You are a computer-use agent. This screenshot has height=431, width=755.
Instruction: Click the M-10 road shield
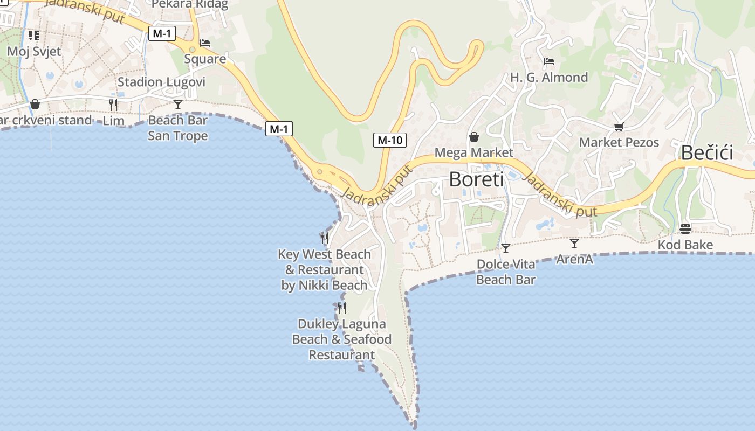(389, 140)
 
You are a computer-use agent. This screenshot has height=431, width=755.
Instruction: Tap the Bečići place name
(706, 153)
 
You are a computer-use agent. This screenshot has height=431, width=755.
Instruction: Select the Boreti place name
(476, 179)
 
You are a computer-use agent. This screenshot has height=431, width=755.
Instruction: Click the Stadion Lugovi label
(161, 82)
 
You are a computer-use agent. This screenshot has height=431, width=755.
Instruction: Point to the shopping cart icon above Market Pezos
(619, 127)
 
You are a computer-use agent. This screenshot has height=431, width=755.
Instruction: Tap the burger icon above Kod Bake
(685, 229)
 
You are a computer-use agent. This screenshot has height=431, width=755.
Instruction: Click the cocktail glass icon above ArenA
(574, 244)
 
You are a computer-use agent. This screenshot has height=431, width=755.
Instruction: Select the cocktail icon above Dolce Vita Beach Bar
(505, 248)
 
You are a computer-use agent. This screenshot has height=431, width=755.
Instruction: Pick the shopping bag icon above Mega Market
(474, 137)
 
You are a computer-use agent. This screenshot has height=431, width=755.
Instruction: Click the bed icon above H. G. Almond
(549, 61)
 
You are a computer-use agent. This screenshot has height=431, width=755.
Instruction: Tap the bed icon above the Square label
(205, 43)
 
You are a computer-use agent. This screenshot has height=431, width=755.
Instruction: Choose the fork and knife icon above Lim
(113, 105)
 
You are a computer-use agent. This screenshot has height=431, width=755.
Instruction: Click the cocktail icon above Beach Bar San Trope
(178, 105)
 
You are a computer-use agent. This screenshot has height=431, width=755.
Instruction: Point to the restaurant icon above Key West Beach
(325, 238)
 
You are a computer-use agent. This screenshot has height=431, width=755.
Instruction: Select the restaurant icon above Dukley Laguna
(341, 308)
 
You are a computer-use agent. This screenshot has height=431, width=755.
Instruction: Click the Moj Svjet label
(34, 52)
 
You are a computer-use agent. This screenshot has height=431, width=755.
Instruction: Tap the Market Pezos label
(619, 142)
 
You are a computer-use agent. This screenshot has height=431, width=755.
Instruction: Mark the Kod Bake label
(685, 245)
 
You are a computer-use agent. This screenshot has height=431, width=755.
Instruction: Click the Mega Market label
(474, 152)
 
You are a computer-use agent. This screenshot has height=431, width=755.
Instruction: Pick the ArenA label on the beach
(574, 260)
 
